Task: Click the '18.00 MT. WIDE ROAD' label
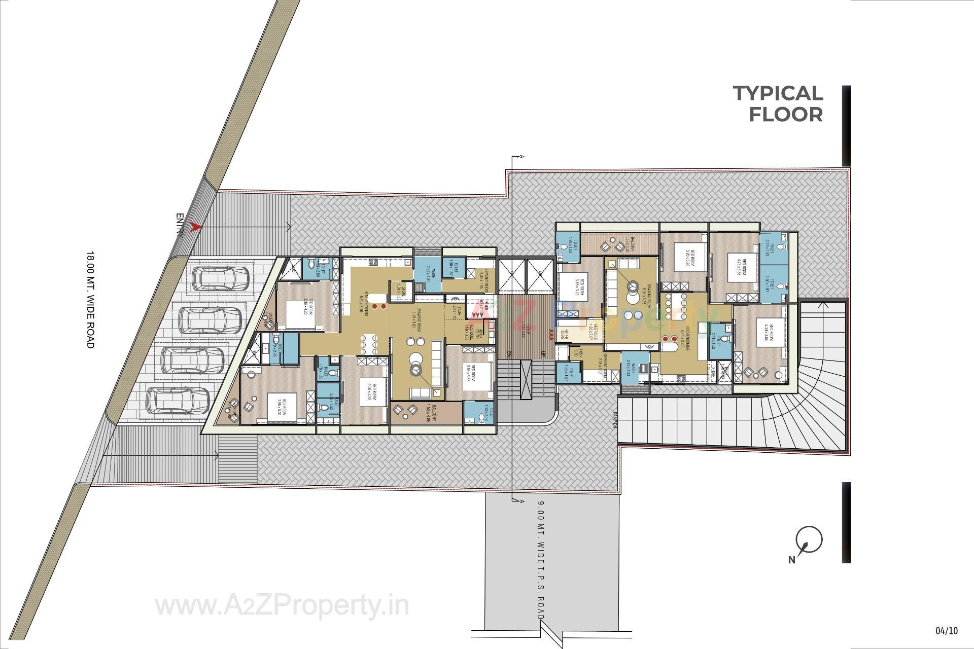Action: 90,300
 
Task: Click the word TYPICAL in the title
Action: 778,94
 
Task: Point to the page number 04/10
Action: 947,631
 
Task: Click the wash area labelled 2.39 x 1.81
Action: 427,274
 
